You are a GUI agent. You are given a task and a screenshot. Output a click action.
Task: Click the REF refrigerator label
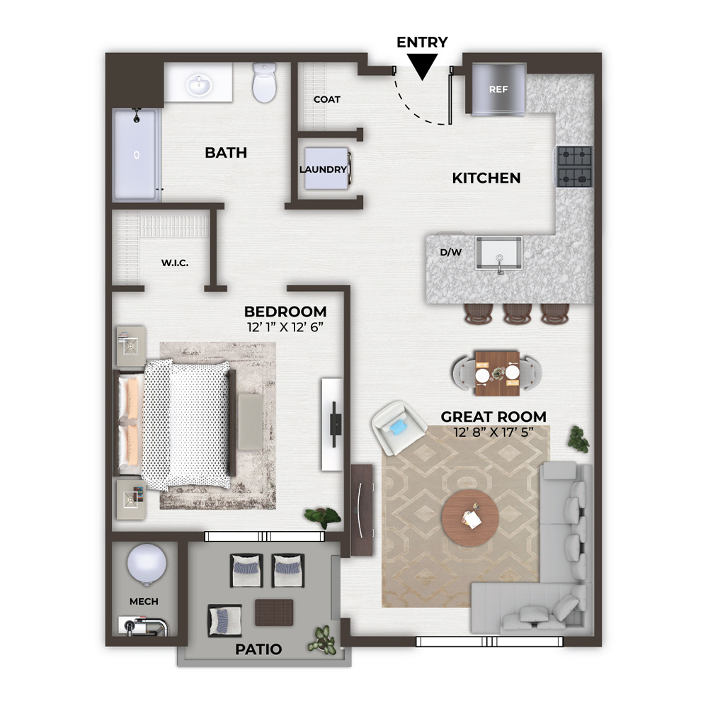pyautogui.click(x=498, y=89)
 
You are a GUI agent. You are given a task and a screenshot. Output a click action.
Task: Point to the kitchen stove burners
pyautogui.click(x=574, y=166)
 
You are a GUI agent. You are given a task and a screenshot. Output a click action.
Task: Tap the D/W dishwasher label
pyautogui.click(x=450, y=253)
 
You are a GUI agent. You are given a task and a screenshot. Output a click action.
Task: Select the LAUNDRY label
pyautogui.click(x=324, y=169)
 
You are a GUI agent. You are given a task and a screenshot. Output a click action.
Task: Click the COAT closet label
pyautogui.click(x=327, y=99)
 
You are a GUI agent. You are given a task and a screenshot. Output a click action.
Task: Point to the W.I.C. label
pyautogui.click(x=175, y=263)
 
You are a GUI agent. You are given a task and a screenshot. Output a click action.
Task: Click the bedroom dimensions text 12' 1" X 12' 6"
pyautogui.click(x=285, y=327)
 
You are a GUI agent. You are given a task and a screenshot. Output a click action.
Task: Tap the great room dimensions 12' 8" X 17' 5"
pyautogui.click(x=493, y=432)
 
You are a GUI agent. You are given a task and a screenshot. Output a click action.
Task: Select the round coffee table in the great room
pyautogui.click(x=470, y=518)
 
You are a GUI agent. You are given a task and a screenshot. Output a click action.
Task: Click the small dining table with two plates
pyautogui.click(x=497, y=373)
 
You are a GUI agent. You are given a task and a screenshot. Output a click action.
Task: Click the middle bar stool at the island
pyautogui.click(x=518, y=313)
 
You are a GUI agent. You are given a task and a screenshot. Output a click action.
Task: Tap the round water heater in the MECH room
pyautogui.click(x=147, y=564)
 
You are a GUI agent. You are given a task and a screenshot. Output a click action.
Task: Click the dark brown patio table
pyautogui.click(x=274, y=612)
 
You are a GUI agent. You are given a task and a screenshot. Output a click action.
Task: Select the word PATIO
pyautogui.click(x=258, y=649)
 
